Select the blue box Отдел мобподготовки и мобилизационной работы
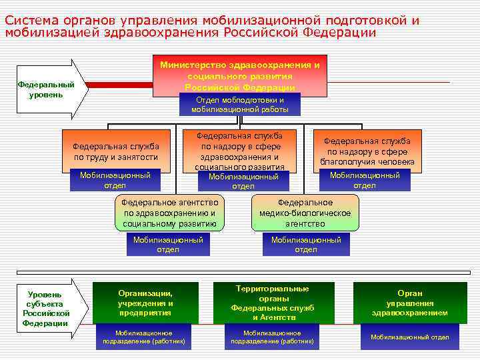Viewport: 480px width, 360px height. pos(240,105)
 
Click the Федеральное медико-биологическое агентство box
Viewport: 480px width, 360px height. pos(305,212)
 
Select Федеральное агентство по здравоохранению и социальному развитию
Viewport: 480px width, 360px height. pos(169,212)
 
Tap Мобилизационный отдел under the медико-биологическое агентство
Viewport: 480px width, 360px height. pos(306,245)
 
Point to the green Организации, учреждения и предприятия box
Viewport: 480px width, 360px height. pos(145,302)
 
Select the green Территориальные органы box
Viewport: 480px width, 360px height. pos(273,303)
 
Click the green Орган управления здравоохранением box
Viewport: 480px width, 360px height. pos(409,302)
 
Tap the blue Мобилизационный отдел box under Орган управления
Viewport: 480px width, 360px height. pos(409,337)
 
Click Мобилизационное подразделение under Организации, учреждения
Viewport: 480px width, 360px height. pos(143,337)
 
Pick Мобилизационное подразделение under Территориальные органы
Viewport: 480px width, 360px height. pos(272,337)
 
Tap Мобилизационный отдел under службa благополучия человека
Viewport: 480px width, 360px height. pos(365,180)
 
